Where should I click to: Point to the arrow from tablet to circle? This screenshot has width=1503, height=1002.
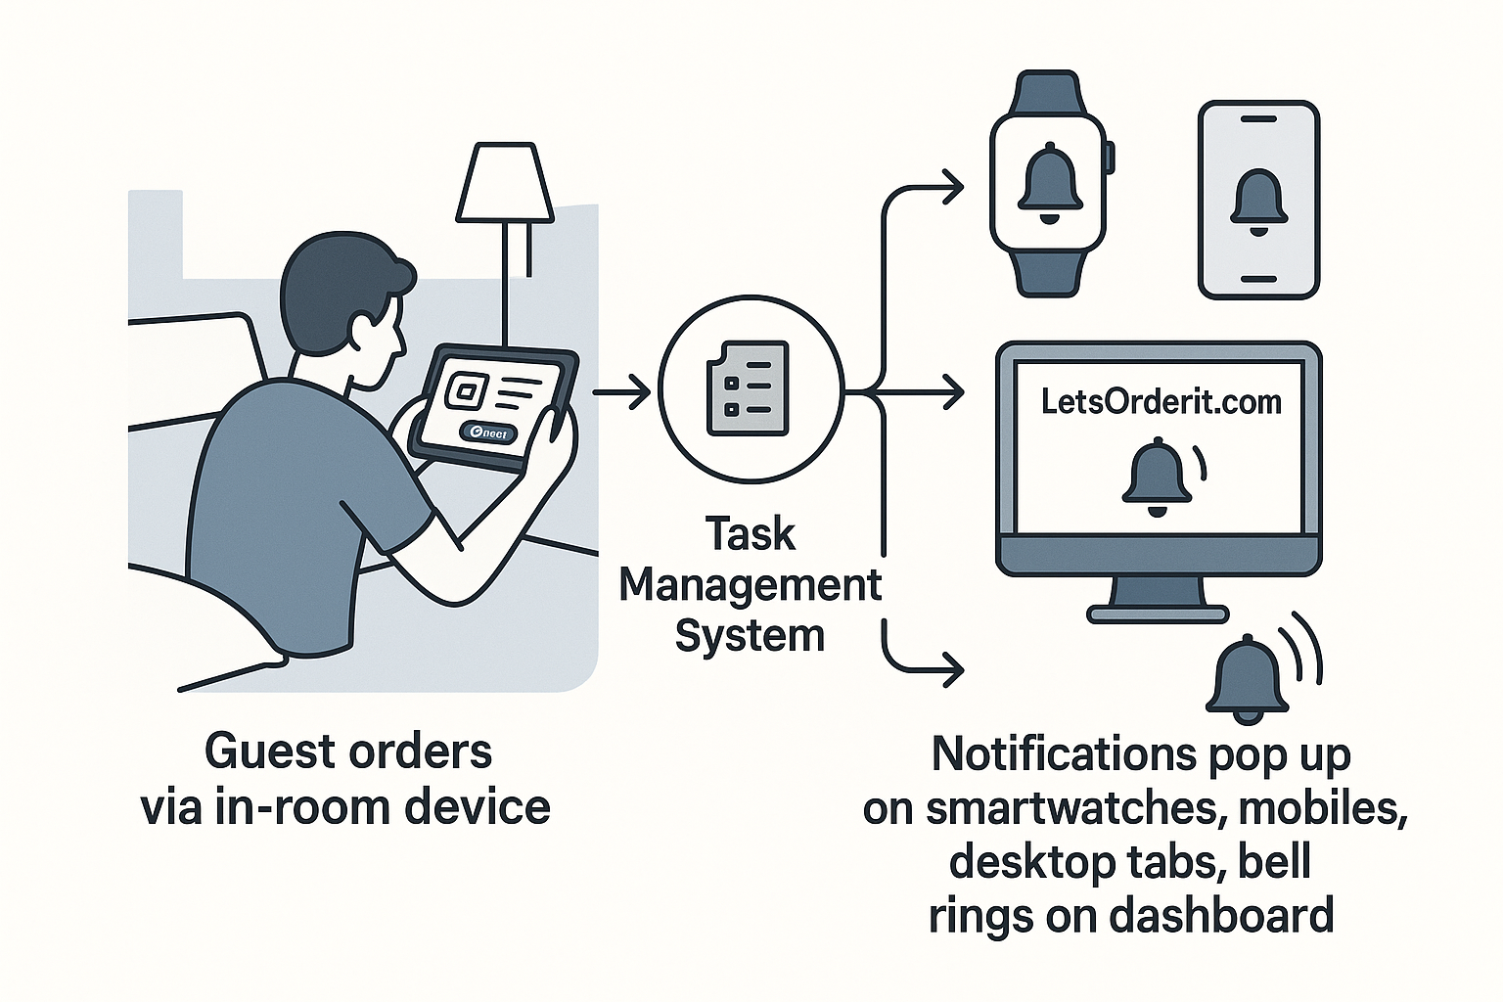click(621, 393)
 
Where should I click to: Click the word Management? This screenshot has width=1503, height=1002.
click(751, 585)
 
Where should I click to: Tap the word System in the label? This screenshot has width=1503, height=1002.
click(751, 636)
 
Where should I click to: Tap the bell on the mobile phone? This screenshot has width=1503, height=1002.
click(1259, 202)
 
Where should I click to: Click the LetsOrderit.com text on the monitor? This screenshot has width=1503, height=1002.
click(1161, 401)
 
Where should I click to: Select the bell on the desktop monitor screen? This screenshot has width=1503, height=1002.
click(1157, 477)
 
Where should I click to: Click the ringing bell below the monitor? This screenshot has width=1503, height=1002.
click(1248, 678)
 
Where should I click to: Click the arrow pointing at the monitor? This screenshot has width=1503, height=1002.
click(925, 393)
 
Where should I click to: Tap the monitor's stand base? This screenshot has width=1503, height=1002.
click(1159, 614)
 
